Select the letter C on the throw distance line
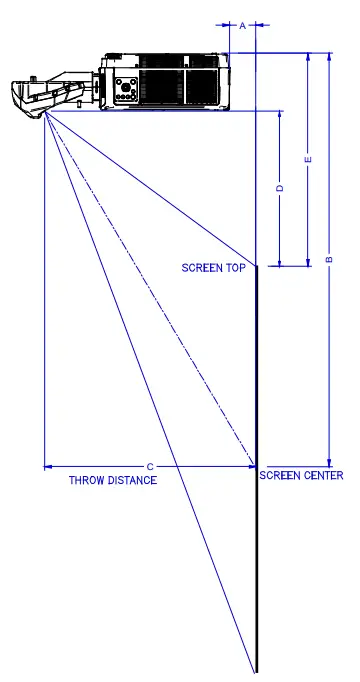point(150,466)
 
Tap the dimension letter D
point(280,188)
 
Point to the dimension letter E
point(308,159)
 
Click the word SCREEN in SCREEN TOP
point(203,267)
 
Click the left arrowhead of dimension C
point(48,466)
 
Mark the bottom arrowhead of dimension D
point(280,262)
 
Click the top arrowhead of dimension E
point(308,56)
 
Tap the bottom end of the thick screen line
point(256,670)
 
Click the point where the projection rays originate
point(45,113)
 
